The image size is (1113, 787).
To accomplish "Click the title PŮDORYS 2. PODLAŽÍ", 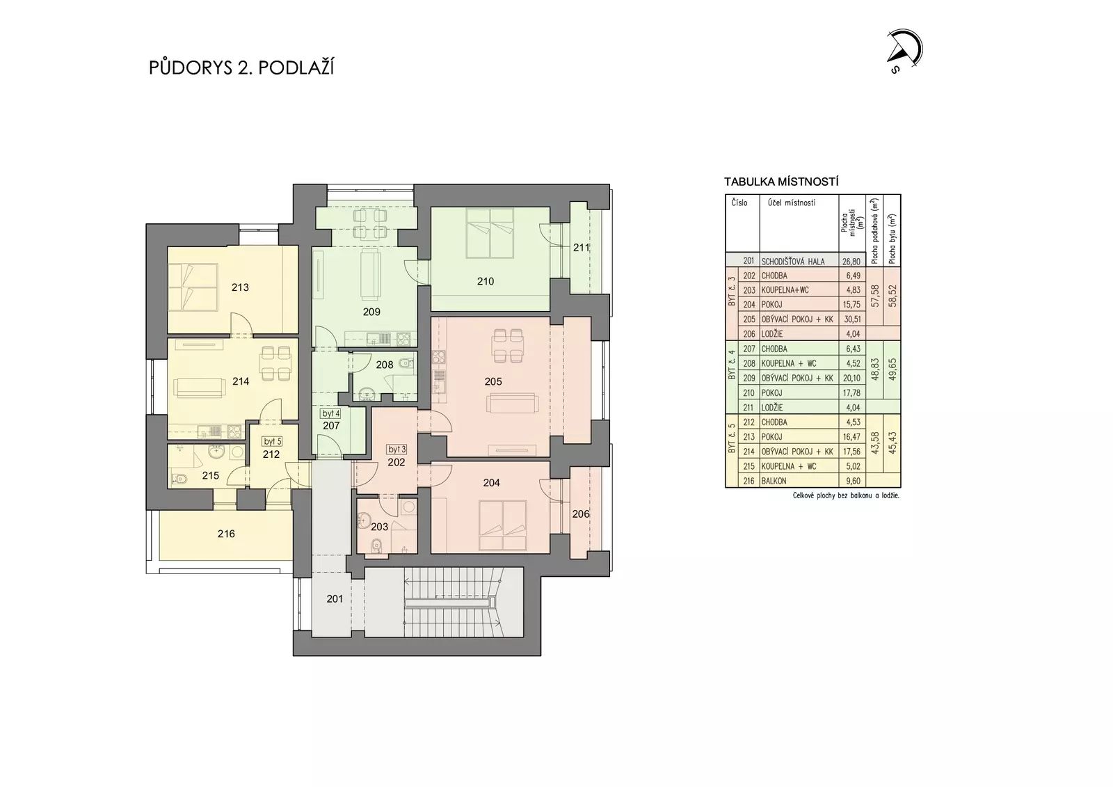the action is [x=241, y=67].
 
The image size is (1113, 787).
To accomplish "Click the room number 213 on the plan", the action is [x=240, y=287].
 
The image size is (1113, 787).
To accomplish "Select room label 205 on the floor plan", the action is [x=493, y=381].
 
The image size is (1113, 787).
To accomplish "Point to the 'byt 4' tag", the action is [x=330, y=413].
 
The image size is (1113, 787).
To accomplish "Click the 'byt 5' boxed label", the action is [x=272, y=441].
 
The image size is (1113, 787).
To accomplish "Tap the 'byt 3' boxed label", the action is [x=397, y=450].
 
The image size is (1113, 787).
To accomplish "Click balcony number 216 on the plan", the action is [x=226, y=534].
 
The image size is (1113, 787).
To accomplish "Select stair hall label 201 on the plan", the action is [x=335, y=599].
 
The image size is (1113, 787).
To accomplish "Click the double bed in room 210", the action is [x=490, y=233].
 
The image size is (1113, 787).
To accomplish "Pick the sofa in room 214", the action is [x=198, y=388].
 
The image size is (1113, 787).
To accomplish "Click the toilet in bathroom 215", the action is [x=179, y=479].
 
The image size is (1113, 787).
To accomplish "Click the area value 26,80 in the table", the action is [x=851, y=262].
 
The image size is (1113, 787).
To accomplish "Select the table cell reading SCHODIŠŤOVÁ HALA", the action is [x=793, y=262].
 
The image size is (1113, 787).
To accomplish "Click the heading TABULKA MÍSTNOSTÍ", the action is [x=781, y=182].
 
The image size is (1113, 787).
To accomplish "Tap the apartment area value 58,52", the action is [x=892, y=296].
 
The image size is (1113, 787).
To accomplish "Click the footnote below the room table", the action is [x=846, y=495].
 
